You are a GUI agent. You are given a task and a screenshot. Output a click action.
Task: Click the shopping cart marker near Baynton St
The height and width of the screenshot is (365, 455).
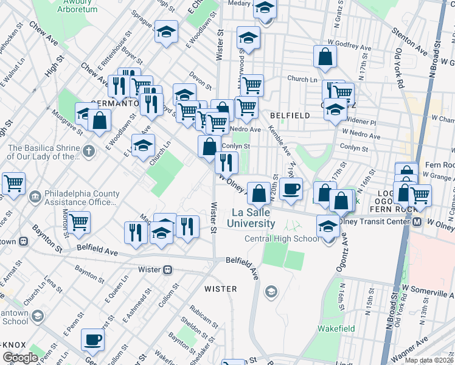click(x=79, y=222)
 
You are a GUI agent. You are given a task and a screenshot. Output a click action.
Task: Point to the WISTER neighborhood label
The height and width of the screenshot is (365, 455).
click(x=220, y=288)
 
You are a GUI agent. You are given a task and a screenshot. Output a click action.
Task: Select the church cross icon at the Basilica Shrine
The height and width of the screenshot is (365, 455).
click(x=89, y=150)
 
